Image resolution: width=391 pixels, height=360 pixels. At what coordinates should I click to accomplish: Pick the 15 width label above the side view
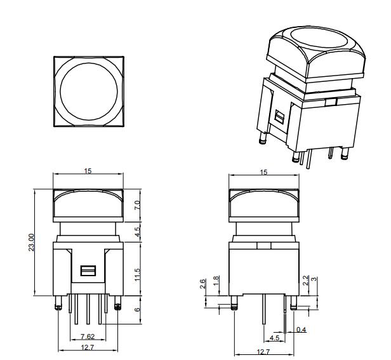coord(263,172)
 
